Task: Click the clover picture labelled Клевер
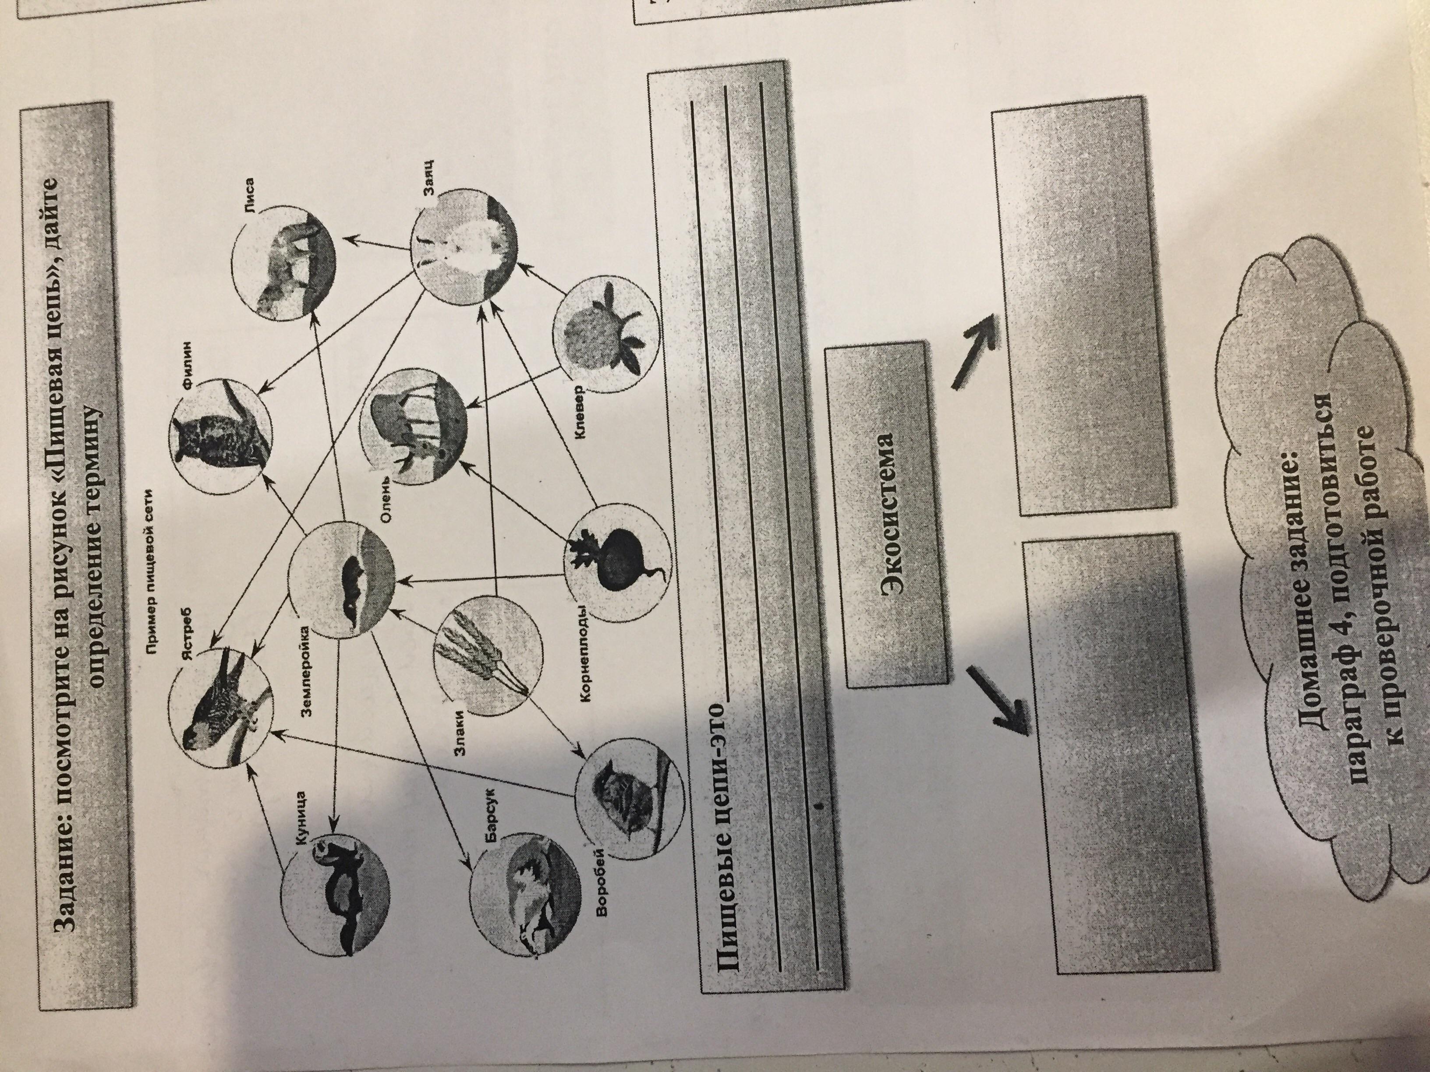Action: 606,329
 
